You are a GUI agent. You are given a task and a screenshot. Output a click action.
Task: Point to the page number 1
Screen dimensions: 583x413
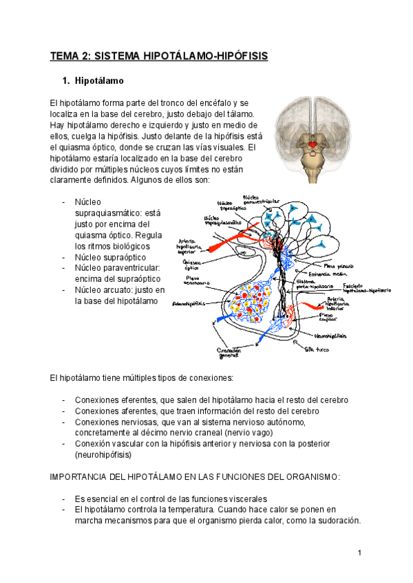[x=359, y=553]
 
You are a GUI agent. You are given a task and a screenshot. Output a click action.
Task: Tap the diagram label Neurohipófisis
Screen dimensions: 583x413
[x=330, y=336]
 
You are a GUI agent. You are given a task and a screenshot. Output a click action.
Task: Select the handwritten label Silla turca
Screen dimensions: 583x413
[x=317, y=350]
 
